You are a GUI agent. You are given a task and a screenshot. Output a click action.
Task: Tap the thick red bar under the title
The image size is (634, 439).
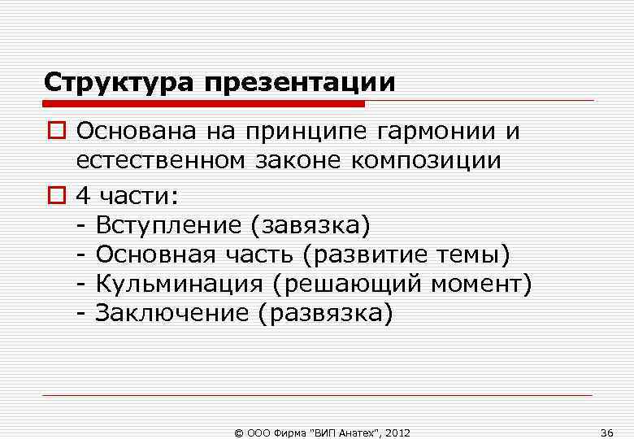(204, 103)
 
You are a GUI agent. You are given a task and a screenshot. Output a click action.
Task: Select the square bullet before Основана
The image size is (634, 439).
(54, 132)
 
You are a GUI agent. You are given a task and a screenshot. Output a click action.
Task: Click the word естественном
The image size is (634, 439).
(159, 161)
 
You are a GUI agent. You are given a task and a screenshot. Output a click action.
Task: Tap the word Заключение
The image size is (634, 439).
(172, 313)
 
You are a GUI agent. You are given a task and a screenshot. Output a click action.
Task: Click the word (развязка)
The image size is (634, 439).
(324, 314)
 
